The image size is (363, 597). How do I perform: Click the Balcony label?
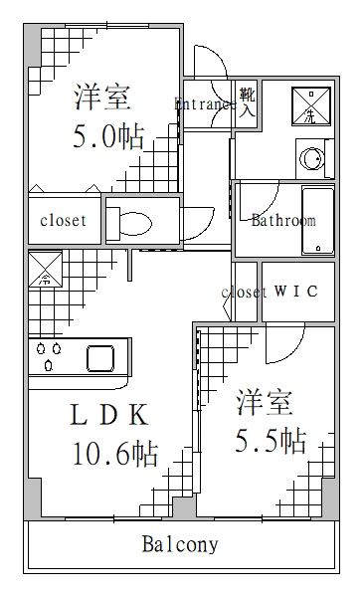point(180,545)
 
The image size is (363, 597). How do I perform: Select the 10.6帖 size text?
point(114,455)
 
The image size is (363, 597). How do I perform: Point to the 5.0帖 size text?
point(107,135)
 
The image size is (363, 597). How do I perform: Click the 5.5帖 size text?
point(270,441)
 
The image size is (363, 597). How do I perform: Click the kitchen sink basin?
point(101,356)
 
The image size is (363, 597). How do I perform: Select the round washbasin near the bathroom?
point(312,158)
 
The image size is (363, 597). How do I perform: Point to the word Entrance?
point(205,103)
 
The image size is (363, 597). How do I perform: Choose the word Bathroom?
point(282,220)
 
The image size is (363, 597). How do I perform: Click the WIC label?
point(295,292)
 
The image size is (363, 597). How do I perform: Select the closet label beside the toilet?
point(63,221)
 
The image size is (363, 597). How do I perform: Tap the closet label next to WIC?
point(244,293)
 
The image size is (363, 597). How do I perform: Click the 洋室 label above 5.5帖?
point(264,403)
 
